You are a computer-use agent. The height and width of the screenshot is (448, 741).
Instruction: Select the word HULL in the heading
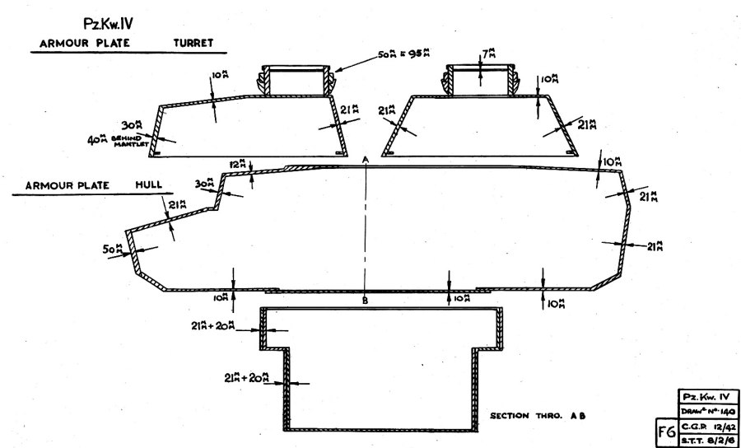point(147,186)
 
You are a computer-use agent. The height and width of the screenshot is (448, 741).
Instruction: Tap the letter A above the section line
point(365,158)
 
